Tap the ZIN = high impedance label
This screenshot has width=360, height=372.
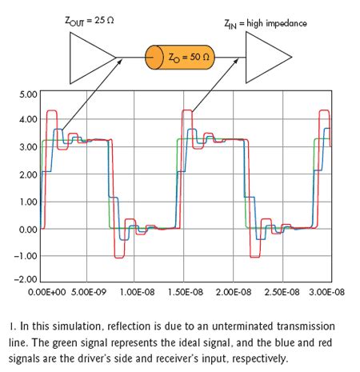265,24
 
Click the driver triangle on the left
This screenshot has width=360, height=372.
89,58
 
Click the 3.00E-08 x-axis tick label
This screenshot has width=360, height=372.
326,293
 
